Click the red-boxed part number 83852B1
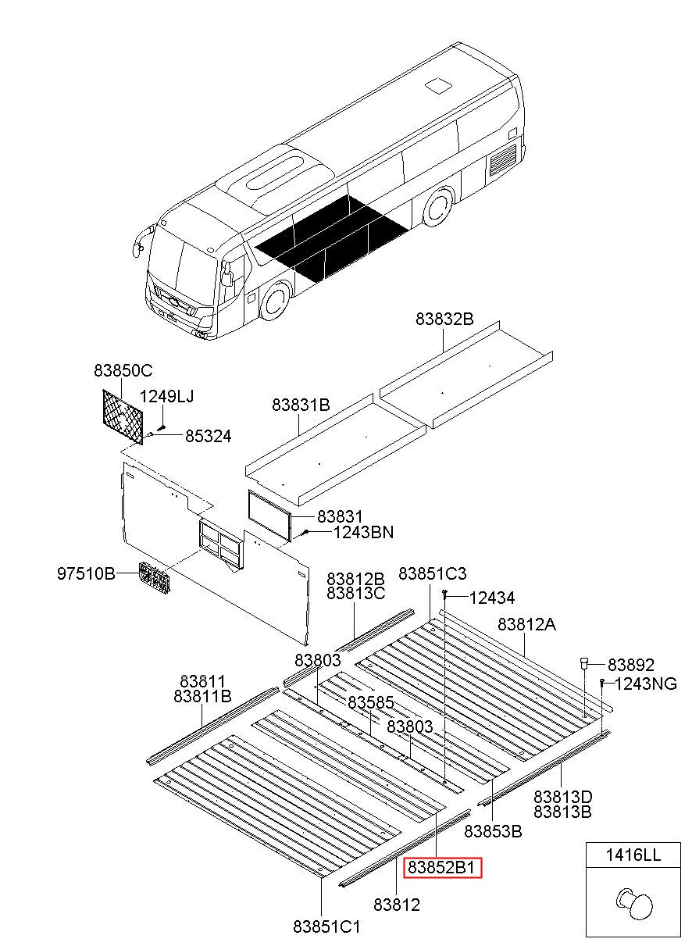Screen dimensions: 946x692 (x=443, y=867)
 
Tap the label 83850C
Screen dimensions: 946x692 (x=123, y=370)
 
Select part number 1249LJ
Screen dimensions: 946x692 (x=167, y=397)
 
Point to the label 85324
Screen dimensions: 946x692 (x=208, y=436)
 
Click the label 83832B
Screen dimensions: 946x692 (x=444, y=319)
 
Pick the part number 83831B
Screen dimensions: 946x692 (x=301, y=405)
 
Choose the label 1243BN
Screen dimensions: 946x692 (x=363, y=533)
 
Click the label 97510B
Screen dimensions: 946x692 (x=86, y=574)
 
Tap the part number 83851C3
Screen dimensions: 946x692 (x=432, y=574)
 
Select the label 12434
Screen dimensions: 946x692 (x=492, y=598)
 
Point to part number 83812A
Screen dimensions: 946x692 (x=527, y=624)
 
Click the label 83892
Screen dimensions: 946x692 (x=631, y=665)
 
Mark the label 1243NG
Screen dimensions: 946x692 (x=646, y=684)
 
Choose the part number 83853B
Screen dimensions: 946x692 (x=493, y=830)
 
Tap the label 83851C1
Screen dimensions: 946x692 (x=326, y=926)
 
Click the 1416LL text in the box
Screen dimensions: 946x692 (x=633, y=855)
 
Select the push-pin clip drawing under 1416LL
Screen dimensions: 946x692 (x=633, y=905)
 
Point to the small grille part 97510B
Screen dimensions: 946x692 (x=155, y=579)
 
